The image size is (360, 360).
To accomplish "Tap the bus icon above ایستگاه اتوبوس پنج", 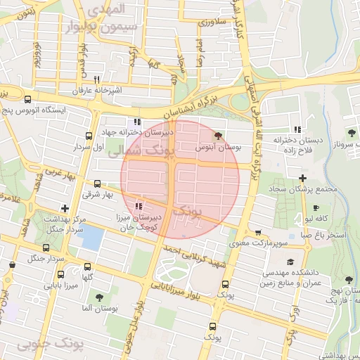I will click(27, 99).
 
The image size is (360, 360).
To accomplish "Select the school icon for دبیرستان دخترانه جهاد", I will click(136, 122).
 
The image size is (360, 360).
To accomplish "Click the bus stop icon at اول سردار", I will click(88, 136).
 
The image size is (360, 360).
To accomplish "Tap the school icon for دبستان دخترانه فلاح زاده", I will click(298, 129).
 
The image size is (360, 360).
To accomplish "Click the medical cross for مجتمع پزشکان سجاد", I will click(302, 178).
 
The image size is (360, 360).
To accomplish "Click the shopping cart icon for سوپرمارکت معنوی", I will click(259, 233).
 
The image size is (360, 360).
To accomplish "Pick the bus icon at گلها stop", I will click(88, 266).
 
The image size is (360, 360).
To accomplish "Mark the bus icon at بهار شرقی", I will click(97, 183).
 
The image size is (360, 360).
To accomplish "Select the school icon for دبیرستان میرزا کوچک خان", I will click(139, 207).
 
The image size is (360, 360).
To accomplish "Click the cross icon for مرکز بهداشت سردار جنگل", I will click(65, 208).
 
